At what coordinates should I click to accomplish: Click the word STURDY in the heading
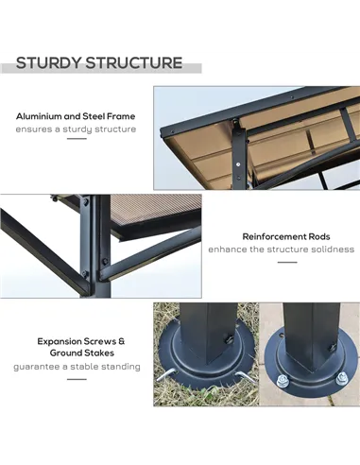point(49,62)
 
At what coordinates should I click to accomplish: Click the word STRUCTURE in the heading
point(134,62)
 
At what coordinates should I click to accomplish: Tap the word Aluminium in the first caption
point(39,116)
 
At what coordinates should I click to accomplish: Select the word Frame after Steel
point(121,116)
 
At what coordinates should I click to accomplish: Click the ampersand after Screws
point(122,341)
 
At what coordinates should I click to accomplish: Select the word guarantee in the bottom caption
point(36,367)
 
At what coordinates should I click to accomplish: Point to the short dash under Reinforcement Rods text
point(287,262)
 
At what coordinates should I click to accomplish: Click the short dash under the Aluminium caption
point(77,139)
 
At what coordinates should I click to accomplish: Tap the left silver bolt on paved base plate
point(282,381)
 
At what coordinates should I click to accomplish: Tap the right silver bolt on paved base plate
point(341,379)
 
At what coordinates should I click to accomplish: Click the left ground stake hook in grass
point(166,375)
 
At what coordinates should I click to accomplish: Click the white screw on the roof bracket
point(237,164)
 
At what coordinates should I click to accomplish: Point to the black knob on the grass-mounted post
point(228,340)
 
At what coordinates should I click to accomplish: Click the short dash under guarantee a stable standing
point(77,379)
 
